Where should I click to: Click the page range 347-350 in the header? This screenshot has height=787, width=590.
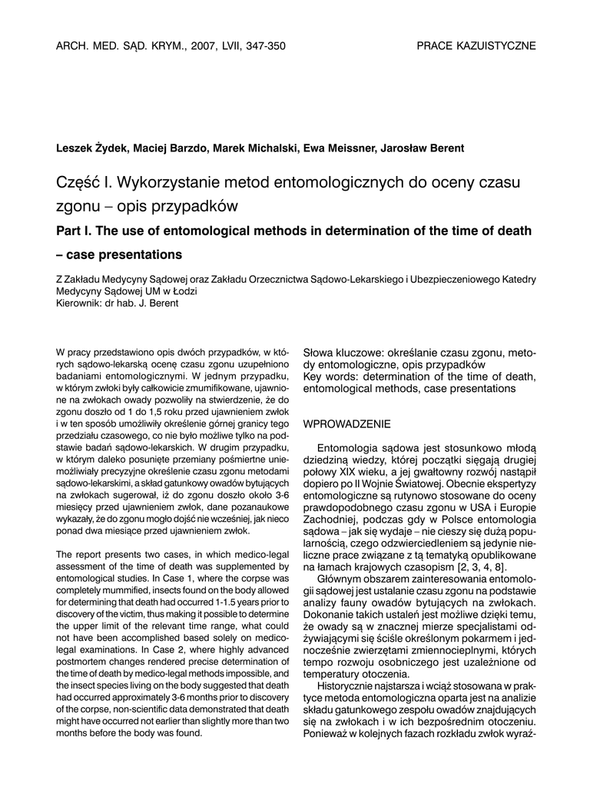263,46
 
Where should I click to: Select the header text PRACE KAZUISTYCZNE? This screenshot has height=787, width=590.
476,46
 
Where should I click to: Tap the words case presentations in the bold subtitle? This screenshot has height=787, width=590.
125,254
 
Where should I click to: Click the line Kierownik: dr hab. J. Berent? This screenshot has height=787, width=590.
118,303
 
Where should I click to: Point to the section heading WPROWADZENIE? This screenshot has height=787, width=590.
347,423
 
